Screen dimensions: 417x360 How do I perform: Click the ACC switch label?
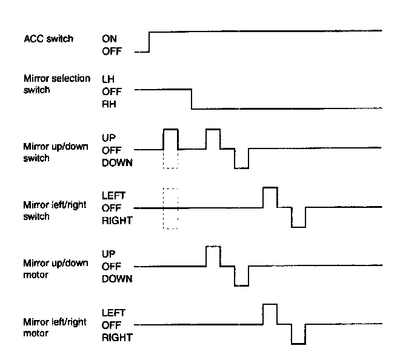tap(48, 39)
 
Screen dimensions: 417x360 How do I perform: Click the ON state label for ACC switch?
tap(110, 39)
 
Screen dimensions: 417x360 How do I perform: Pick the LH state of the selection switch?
tap(108, 79)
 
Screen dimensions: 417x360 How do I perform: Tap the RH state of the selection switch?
tap(108, 104)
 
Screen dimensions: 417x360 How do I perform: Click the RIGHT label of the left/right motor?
tap(117, 338)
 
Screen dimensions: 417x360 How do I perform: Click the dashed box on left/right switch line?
tap(170, 208)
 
